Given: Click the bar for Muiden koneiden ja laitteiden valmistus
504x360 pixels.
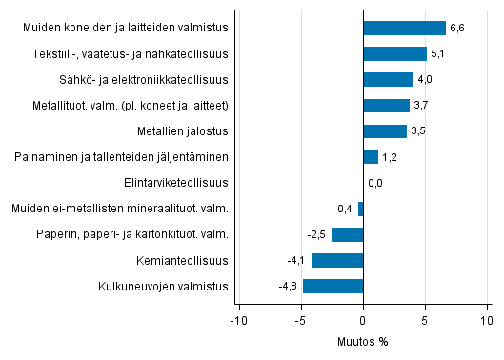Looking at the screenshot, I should [404, 28].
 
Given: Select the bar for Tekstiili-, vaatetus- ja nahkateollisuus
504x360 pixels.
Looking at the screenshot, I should [394, 53].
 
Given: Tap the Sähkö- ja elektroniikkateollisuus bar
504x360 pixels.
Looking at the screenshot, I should [388, 79].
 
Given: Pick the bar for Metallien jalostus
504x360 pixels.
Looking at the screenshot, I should [385, 131].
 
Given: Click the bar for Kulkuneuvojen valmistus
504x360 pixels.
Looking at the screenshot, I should [333, 286].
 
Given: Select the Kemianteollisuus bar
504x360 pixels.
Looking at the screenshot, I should [337, 260].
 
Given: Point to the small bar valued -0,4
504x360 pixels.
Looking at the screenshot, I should [361, 209].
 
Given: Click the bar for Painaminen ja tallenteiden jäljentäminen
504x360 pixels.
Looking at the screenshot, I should [371, 157].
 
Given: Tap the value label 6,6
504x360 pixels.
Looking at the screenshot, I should [458, 28].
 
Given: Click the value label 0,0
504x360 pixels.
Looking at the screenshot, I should [375, 183].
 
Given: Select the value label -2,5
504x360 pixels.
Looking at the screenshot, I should [317, 234].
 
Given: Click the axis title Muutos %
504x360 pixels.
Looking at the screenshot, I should [362, 341].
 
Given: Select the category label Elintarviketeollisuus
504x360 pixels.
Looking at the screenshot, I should [176, 183].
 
